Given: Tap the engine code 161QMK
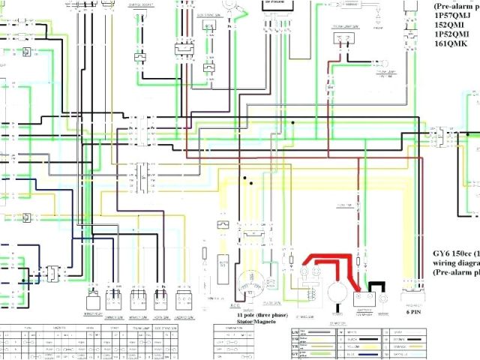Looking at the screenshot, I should [451, 43].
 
